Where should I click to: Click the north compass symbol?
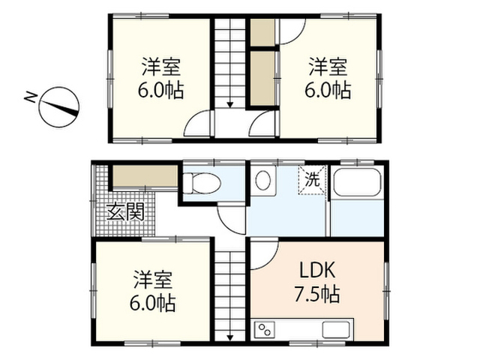pyautogui.click(x=59, y=107)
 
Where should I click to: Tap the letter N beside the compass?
pyautogui.click(x=30, y=97)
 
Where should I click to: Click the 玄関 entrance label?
pyautogui.click(x=125, y=211)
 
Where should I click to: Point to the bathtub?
pyautogui.click(x=358, y=182)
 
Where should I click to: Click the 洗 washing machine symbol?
pyautogui.click(x=313, y=179)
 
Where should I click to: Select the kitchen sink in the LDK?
pyautogui.click(x=335, y=329)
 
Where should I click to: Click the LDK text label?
pyautogui.click(x=317, y=270)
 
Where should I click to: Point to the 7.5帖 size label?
pyautogui.click(x=316, y=293)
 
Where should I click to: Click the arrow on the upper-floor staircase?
pyautogui.click(x=229, y=105)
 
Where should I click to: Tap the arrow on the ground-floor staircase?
pyautogui.click(x=229, y=337)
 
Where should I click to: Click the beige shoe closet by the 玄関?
pyautogui.click(x=145, y=175)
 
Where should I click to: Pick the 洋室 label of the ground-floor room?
pyautogui.click(x=153, y=280)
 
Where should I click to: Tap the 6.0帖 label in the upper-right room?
pyautogui.click(x=328, y=89)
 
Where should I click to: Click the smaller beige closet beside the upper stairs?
pyautogui.click(x=262, y=32)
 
